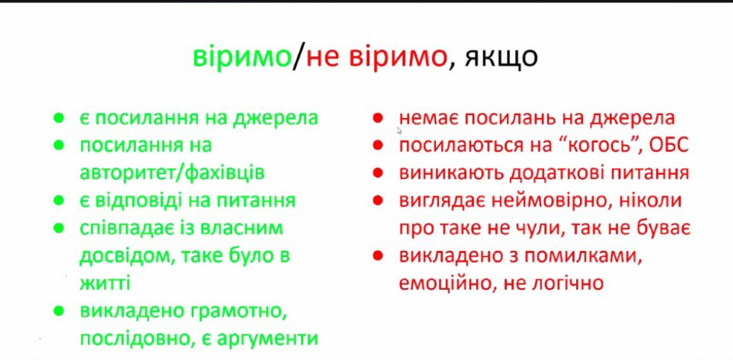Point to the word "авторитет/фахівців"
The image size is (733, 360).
(172, 173)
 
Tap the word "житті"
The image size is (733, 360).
(105, 283)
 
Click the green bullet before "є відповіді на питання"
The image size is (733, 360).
(59, 201)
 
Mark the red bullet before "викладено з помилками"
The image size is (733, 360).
(378, 256)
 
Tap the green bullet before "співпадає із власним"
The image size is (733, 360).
(59, 229)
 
